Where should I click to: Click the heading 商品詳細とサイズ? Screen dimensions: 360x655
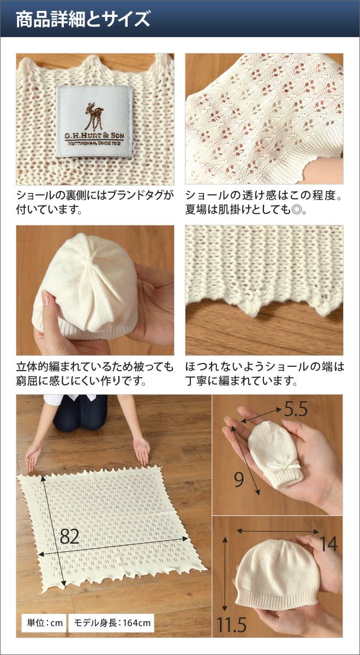[x=83, y=19]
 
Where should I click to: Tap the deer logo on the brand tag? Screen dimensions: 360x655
[x=94, y=116]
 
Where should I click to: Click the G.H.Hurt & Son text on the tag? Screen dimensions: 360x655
[x=94, y=136]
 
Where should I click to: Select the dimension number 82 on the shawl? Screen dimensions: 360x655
[x=70, y=537]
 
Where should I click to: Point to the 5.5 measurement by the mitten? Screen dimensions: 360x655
[x=296, y=409]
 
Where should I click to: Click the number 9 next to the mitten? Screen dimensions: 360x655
[x=239, y=479]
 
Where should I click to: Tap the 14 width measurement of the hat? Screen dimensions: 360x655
[x=329, y=544]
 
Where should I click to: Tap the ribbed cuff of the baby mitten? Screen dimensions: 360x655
[x=289, y=477]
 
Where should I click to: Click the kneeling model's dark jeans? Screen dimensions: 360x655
[x=80, y=413]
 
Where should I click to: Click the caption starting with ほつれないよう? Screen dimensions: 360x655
[x=265, y=373]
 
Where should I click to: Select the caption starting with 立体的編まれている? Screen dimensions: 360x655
[x=95, y=373]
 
